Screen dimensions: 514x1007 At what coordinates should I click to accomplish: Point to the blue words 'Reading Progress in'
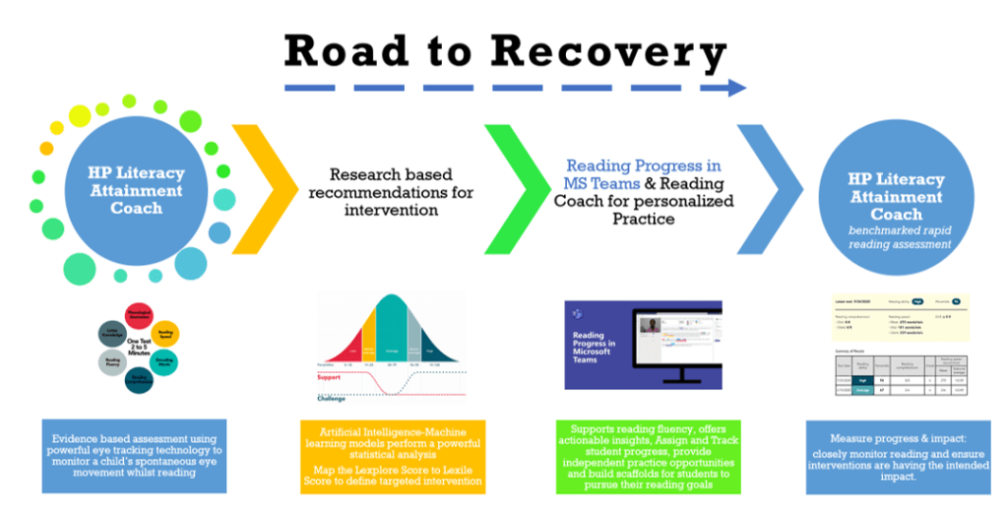(x=643, y=166)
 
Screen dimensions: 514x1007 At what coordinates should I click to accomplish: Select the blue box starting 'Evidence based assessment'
(x=134, y=455)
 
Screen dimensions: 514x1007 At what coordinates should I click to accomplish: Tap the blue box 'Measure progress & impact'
(x=898, y=455)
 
